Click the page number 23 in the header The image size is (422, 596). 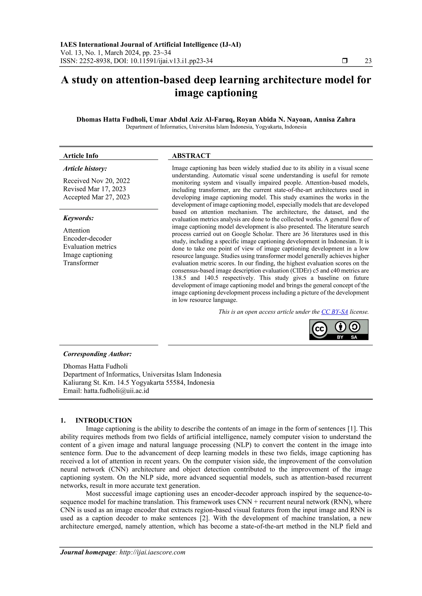pos(368,61)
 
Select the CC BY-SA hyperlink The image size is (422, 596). pos(334,312)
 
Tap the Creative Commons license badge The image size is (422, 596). pos(339,329)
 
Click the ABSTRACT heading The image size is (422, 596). pos(191,156)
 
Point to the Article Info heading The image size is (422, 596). pos(81,156)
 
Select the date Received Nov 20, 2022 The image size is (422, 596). pos(96,181)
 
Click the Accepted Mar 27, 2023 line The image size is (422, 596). pos(96,197)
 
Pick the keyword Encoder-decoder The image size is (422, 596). pos(87,239)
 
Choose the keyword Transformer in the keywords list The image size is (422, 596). pos(81,263)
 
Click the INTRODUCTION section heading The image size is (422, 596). pos(103,420)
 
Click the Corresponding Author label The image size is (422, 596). pos(97,354)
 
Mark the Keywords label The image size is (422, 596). pos(79,218)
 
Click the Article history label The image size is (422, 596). pos(85,169)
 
